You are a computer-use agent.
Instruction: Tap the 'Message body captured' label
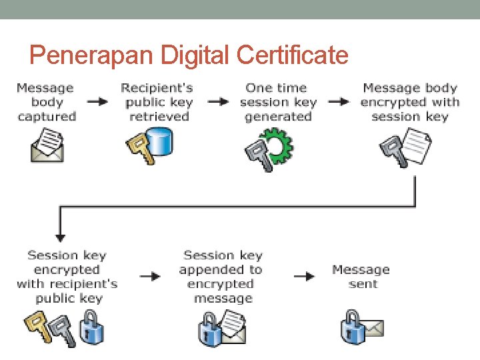click(46, 102)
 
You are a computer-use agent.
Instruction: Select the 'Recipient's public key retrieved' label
click(157, 102)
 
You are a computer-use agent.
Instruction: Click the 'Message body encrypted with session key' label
click(409, 102)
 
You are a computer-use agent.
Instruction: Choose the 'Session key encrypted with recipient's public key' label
click(67, 277)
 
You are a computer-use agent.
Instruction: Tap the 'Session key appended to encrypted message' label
click(221, 277)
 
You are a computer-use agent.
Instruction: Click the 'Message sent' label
click(361, 277)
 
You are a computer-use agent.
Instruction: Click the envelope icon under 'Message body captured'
click(47, 146)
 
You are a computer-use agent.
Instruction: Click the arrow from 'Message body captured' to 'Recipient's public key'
click(97, 102)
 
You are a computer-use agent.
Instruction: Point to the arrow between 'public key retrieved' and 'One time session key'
click(217, 102)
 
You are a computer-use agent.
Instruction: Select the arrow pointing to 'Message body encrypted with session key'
click(339, 102)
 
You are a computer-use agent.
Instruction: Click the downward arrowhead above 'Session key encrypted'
click(60, 236)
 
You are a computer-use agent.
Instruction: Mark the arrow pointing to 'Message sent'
click(304, 276)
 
